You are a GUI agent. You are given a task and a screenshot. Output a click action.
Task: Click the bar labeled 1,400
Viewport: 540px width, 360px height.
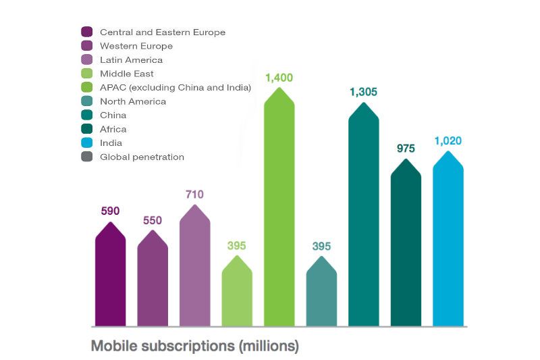point(279,209)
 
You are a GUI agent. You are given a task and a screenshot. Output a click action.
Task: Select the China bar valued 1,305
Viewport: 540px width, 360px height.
point(364,216)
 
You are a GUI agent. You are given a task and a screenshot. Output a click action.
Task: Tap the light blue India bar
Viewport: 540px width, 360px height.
point(448,240)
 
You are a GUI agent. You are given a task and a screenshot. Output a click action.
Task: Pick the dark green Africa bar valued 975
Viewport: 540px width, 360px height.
point(406,243)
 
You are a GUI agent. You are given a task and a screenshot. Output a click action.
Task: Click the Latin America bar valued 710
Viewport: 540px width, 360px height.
point(194,267)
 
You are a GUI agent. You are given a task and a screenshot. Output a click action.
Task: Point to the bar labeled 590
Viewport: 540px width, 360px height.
point(110,274)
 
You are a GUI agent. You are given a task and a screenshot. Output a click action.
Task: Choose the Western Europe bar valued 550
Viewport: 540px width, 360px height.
point(153,278)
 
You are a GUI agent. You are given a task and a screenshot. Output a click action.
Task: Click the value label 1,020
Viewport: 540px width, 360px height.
point(448,141)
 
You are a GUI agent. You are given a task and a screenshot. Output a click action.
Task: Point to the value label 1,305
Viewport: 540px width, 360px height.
point(363,92)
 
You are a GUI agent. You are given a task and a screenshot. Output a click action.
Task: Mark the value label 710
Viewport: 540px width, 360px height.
point(194,195)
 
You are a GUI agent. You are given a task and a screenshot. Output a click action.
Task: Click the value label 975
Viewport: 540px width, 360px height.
point(406,149)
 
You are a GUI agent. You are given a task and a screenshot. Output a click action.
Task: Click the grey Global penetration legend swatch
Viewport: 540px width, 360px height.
point(87,157)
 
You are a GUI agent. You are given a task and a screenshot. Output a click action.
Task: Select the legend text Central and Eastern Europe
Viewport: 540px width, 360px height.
point(162,32)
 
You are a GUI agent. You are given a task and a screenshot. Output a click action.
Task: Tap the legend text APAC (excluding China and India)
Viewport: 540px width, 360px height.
point(175,87)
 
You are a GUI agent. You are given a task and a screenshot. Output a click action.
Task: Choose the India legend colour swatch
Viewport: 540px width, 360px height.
point(87,143)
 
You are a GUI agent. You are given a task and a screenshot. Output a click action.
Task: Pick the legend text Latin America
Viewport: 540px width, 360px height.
point(131,59)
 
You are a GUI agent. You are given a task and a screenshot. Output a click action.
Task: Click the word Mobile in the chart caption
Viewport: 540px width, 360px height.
point(113,346)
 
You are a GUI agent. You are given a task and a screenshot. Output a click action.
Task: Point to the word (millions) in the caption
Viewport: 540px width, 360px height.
point(268,346)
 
